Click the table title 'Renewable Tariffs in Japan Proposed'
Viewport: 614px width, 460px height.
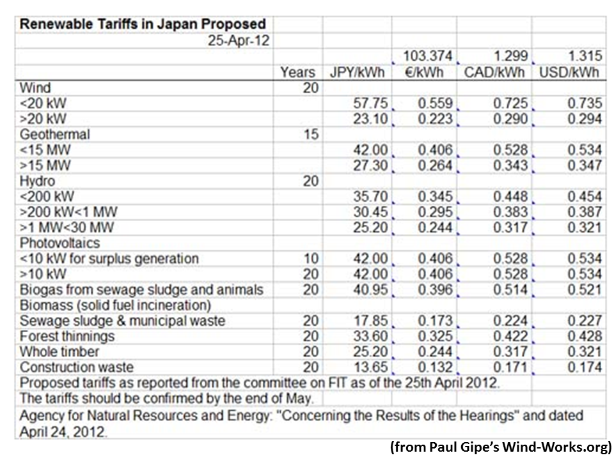143,24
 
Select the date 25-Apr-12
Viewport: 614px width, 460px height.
238,40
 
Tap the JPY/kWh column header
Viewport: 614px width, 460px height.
357,72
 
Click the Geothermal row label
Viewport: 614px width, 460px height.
54,134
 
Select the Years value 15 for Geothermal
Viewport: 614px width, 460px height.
310,134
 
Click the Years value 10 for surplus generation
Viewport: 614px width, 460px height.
310,258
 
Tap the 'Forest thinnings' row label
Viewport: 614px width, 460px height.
67,336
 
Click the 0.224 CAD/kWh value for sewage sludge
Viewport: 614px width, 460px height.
510,321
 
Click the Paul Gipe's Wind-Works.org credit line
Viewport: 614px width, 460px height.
500,447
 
